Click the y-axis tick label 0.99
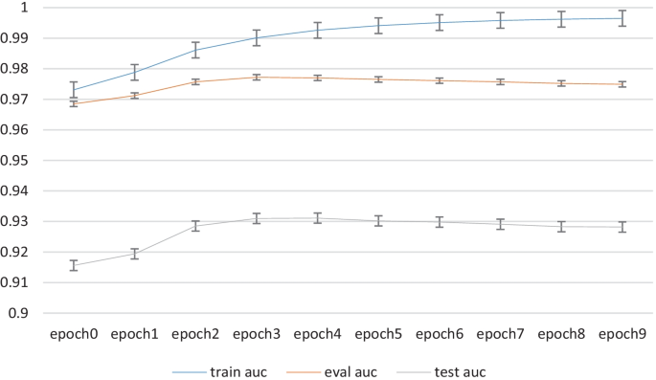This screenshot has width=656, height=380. [19, 38]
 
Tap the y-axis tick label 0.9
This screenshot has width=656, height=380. [23, 313]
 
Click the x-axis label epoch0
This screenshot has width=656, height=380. [74, 335]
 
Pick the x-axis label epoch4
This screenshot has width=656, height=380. [317, 335]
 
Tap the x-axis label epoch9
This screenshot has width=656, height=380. [622, 335]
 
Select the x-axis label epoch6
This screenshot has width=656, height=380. [439, 335]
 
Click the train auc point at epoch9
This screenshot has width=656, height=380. [622, 18]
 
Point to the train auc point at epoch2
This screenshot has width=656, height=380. [195, 50]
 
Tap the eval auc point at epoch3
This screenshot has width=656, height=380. [257, 78]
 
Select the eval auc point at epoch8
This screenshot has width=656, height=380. [560, 83]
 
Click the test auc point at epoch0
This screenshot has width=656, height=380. [74, 265]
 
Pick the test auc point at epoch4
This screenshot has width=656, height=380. [317, 218]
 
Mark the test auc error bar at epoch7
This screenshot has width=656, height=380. [500, 225]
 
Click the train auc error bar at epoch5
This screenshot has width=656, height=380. [378, 26]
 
